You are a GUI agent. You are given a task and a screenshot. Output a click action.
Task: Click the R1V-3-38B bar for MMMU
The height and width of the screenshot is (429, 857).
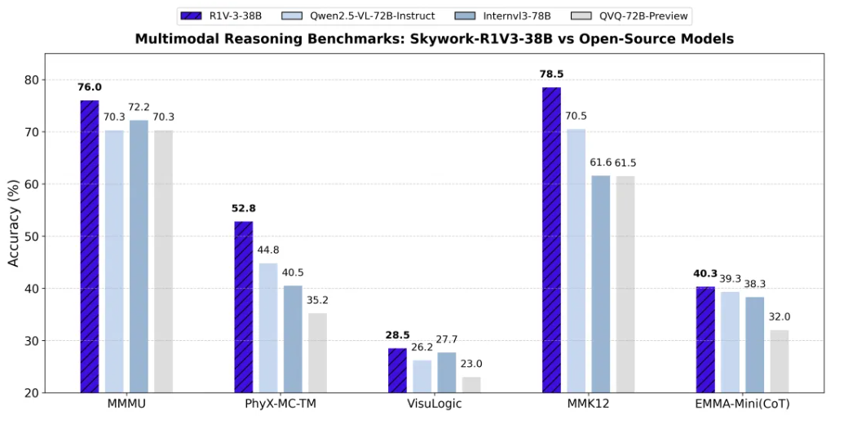click(89, 245)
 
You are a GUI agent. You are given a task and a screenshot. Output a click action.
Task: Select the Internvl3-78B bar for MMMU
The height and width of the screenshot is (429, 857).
click(139, 256)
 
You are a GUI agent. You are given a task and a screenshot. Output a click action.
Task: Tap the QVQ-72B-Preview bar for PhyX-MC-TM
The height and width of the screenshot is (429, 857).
click(317, 352)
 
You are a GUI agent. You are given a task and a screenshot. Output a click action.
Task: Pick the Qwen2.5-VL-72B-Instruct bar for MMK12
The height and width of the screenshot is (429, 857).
click(576, 260)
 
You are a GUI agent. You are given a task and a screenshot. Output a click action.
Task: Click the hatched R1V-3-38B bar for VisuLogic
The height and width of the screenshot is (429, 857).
click(397, 370)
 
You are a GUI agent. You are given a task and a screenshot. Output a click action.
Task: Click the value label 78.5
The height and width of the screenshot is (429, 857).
click(551, 74)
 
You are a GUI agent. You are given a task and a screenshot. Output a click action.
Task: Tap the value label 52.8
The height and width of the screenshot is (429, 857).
click(243, 208)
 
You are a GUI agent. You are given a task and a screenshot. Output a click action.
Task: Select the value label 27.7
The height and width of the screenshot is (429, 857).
click(446, 338)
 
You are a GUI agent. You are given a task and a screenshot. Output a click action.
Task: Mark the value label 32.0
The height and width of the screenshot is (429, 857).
click(779, 316)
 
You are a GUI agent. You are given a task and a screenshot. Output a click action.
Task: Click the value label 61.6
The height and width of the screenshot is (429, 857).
click(601, 162)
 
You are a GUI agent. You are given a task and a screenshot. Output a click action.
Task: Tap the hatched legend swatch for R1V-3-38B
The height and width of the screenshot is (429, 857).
click(192, 14)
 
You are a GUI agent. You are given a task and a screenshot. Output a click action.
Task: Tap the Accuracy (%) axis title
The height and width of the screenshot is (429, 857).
click(13, 223)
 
